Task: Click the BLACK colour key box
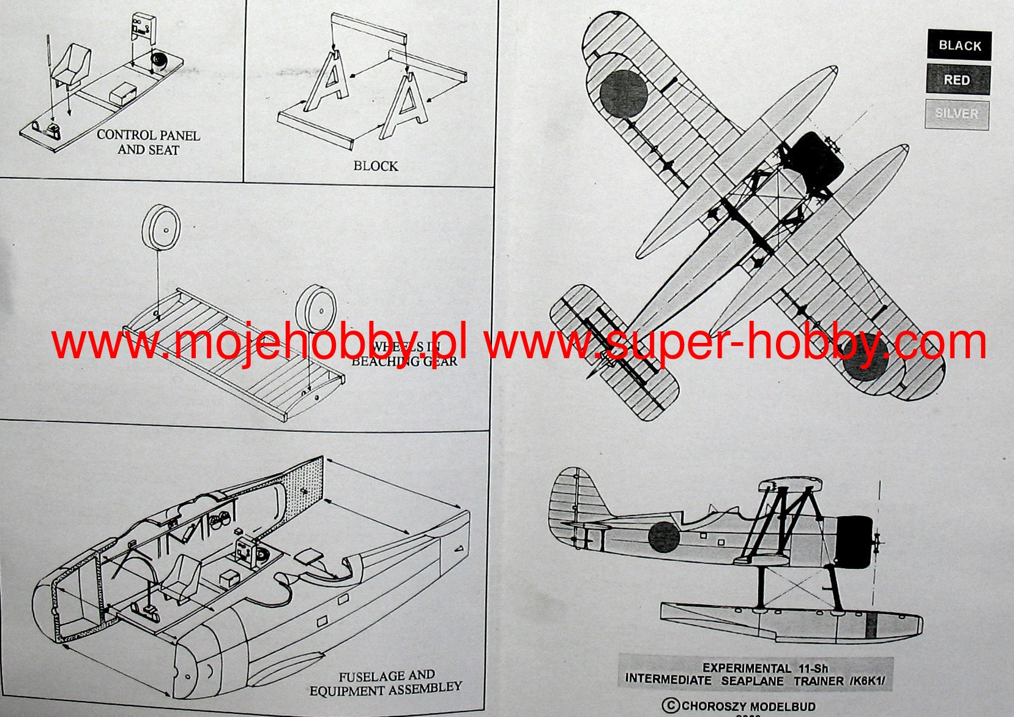959,45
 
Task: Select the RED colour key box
958,80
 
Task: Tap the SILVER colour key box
956,114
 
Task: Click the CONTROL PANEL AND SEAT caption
148,142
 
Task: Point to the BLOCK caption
375,166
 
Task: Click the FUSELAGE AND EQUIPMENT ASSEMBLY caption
386,683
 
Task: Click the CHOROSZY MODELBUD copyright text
740,706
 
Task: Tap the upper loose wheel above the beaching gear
161,227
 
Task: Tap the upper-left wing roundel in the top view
623,93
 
